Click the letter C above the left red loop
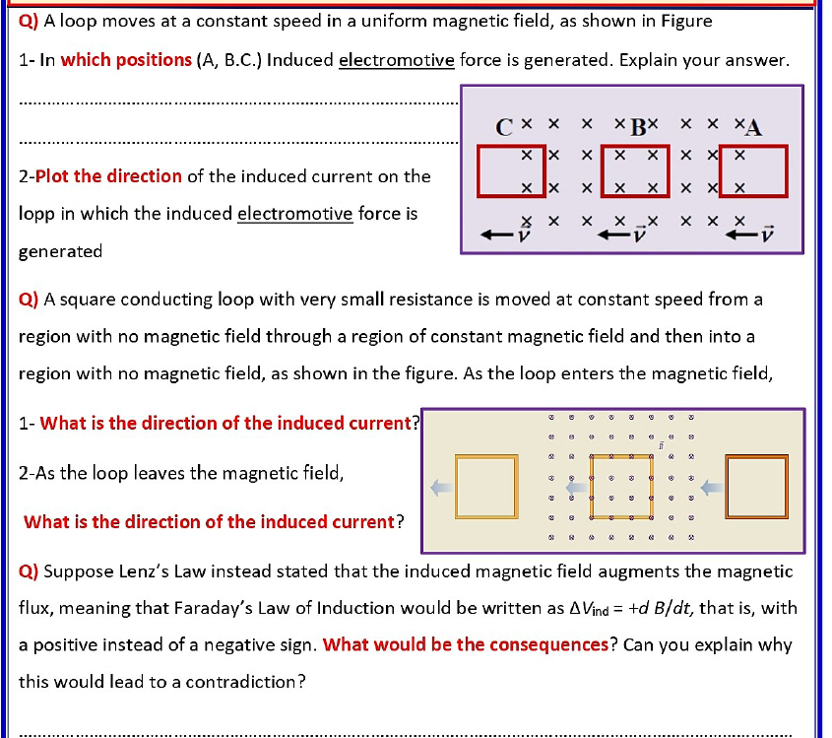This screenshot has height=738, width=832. point(504,128)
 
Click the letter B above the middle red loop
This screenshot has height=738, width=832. point(638,128)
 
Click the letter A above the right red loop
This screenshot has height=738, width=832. point(754,128)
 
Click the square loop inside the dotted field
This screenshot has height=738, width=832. point(620,486)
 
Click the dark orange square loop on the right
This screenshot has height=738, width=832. point(756,486)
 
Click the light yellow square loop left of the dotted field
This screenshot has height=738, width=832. point(485,486)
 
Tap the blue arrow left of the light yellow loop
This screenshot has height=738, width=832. point(441,486)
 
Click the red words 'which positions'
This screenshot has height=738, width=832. point(126,60)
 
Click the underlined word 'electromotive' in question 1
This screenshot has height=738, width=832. point(396,60)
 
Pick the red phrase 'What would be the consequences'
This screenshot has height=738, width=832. point(465,645)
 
